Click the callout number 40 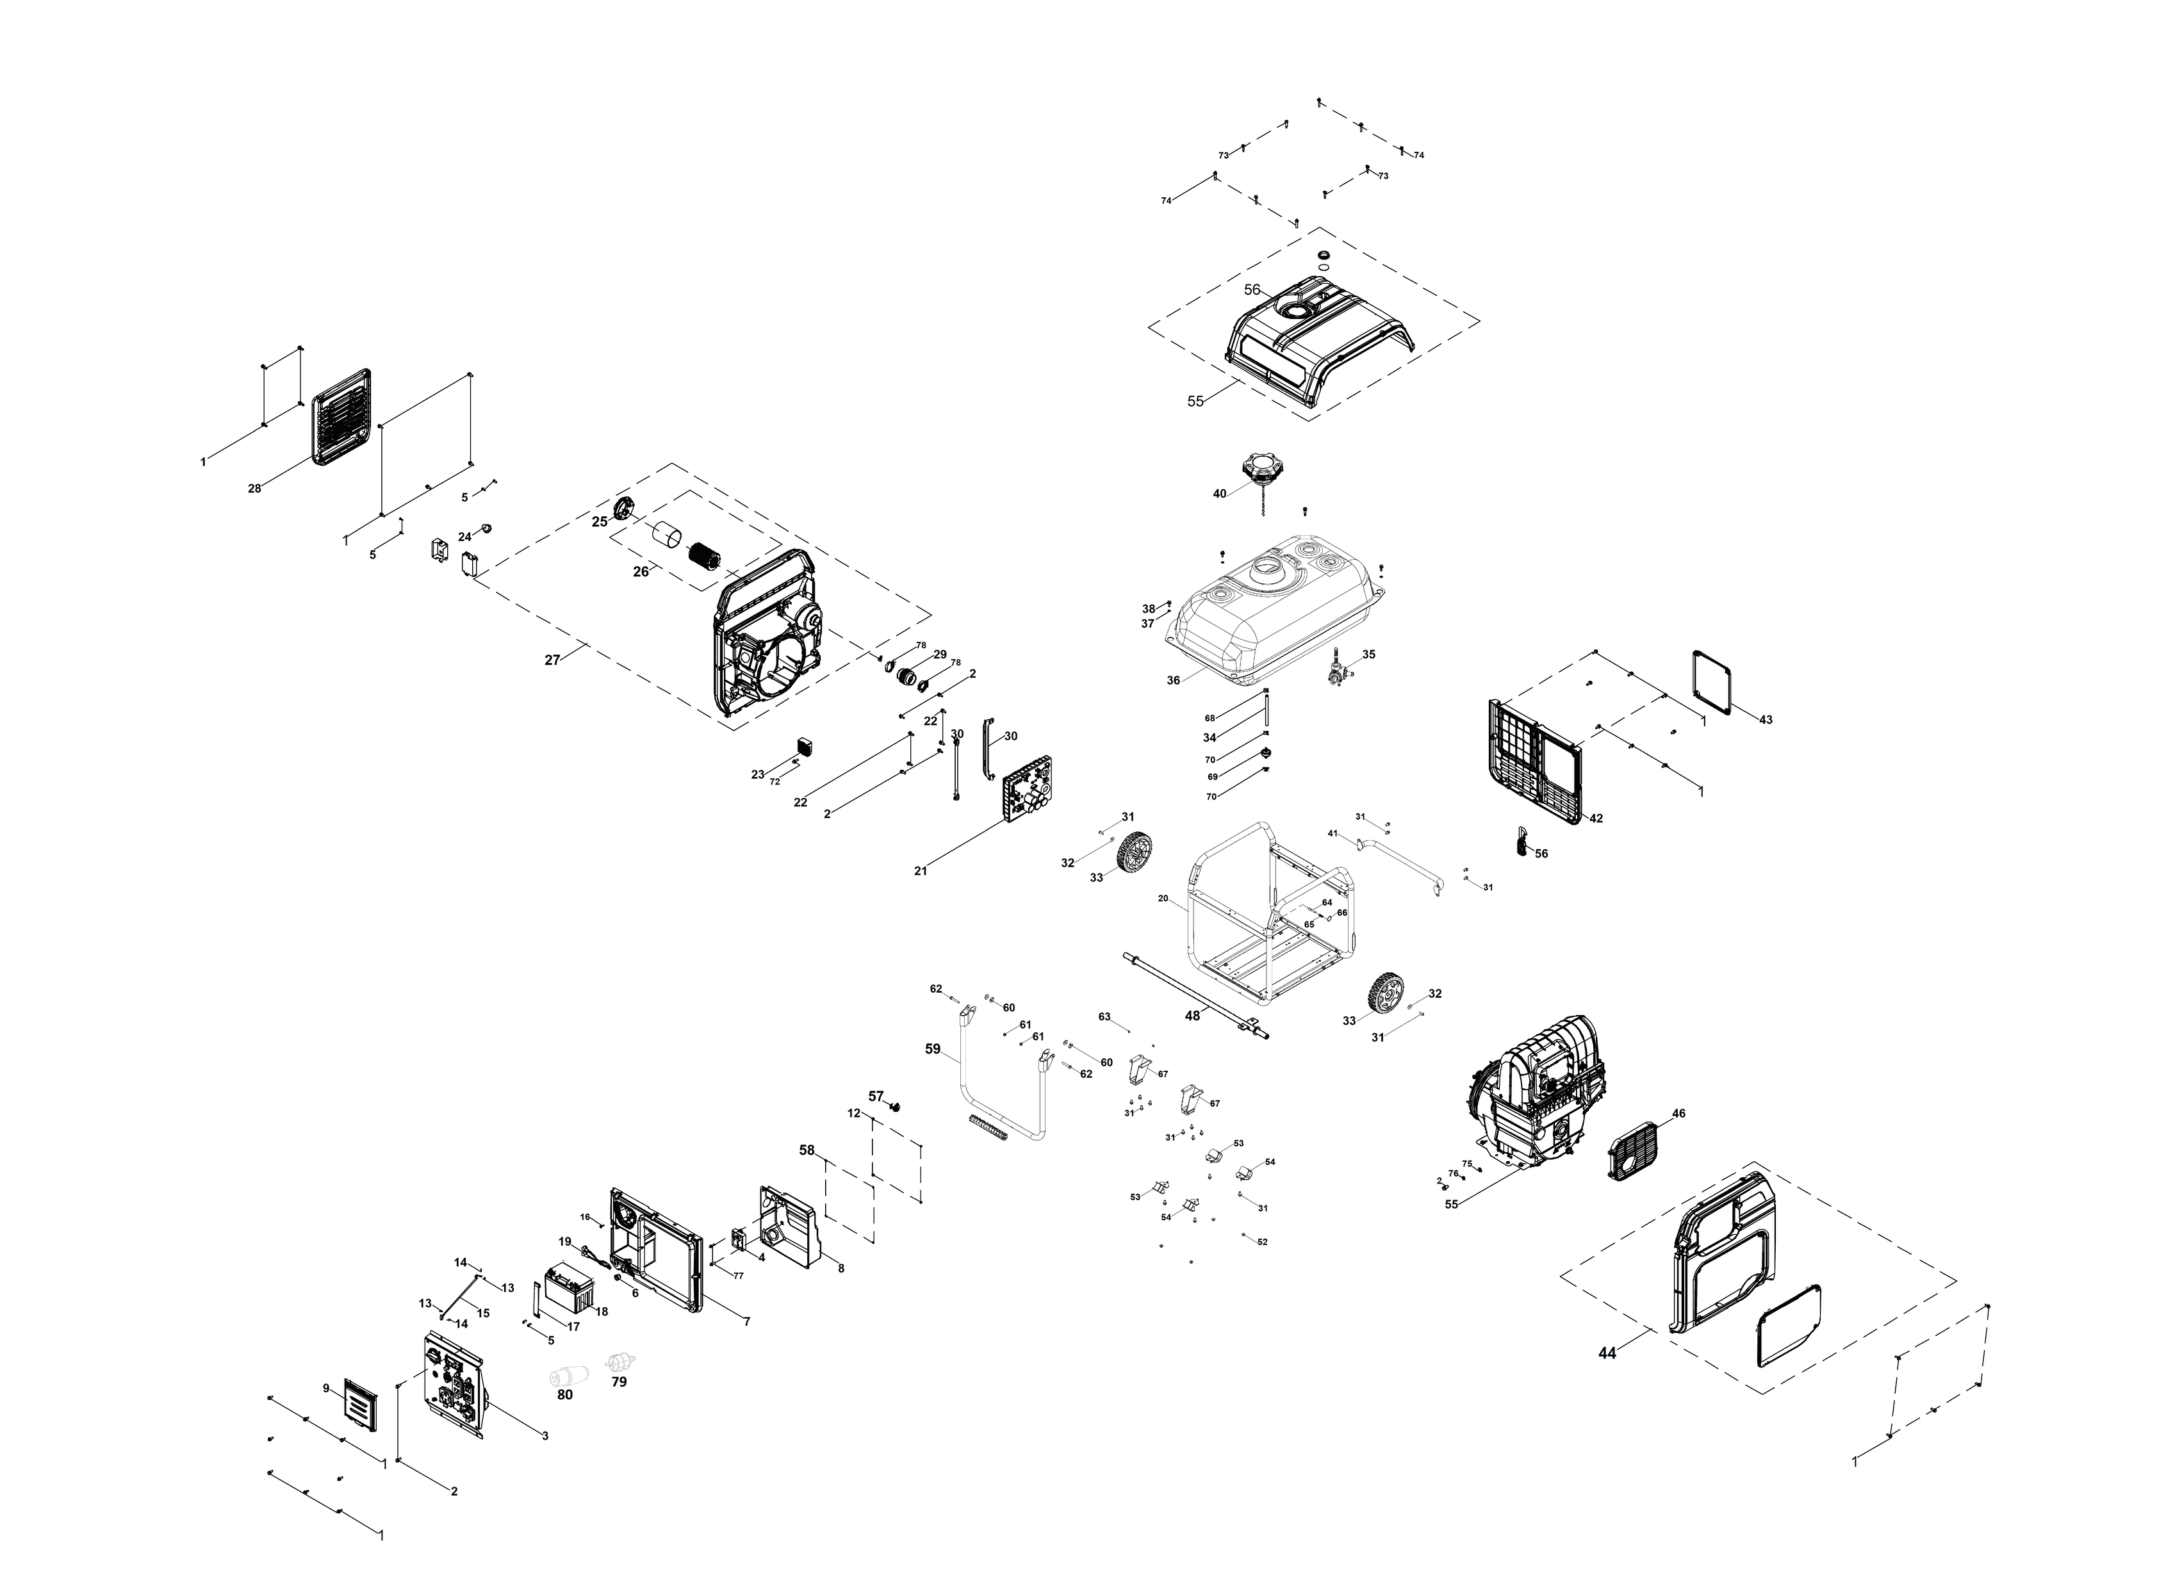(1219, 493)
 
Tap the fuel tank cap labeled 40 (1260, 469)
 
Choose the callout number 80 (565, 1395)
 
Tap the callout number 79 (619, 1381)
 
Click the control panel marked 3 (454, 1386)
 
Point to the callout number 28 (254, 489)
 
